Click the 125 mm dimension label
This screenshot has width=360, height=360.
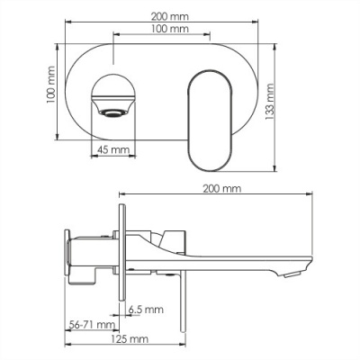point(130,339)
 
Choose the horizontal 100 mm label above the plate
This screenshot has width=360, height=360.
point(170,29)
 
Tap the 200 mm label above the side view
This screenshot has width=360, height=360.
point(222,189)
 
